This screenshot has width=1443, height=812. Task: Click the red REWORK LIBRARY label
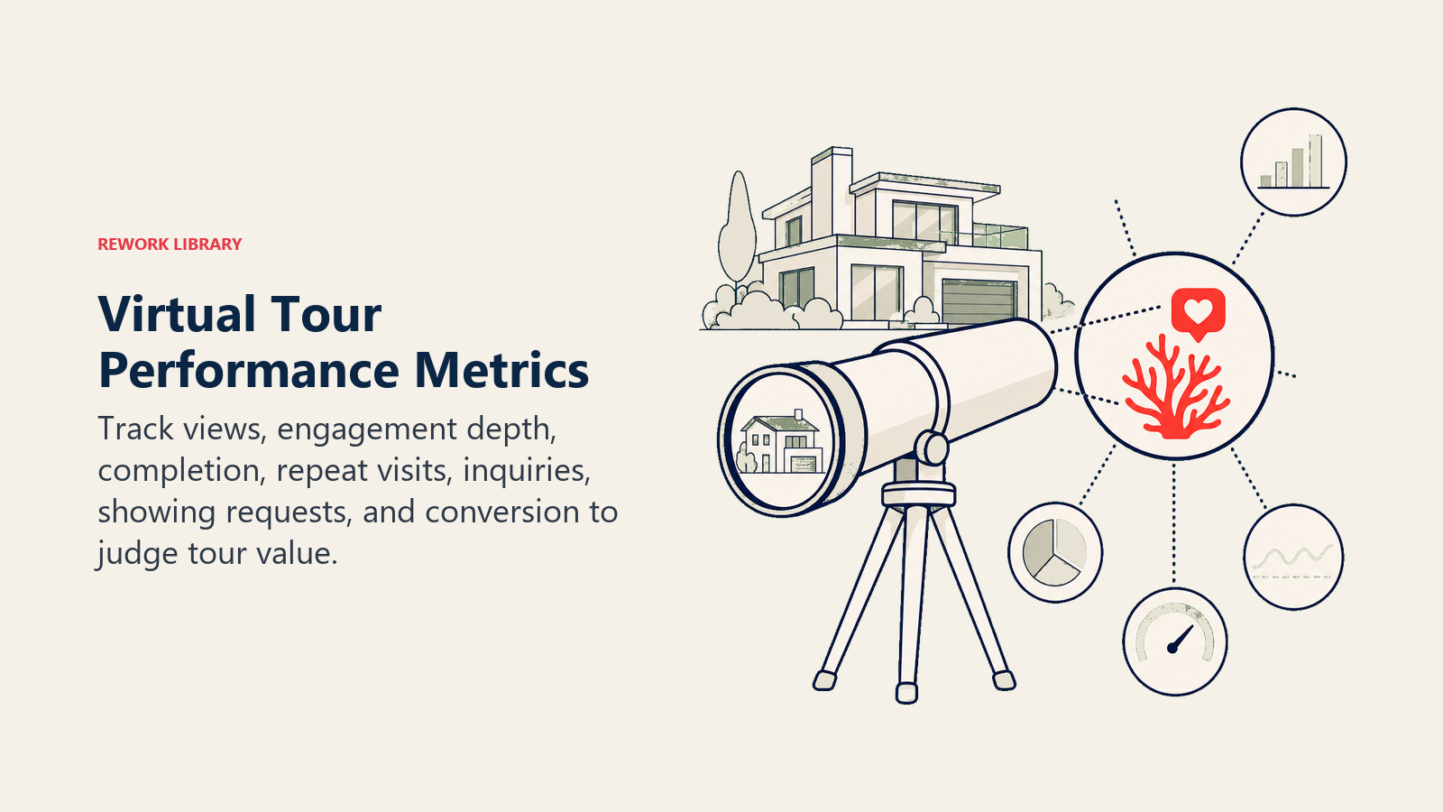point(170,245)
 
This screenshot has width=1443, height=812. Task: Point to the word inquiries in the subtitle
point(527,470)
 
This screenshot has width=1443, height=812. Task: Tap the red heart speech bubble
point(1198,313)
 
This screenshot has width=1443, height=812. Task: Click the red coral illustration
point(1175,389)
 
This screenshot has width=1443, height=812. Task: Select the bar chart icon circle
point(1293,161)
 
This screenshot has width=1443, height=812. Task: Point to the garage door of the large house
point(979,301)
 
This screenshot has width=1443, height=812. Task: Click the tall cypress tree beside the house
point(737,226)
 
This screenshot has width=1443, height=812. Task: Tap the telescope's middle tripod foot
point(906,692)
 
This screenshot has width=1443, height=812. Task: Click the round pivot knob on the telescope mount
point(931,448)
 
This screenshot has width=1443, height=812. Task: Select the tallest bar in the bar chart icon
point(1315,161)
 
